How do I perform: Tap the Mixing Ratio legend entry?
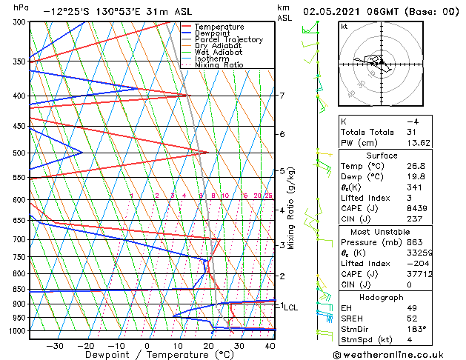[219, 65]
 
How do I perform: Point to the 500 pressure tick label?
[18, 153]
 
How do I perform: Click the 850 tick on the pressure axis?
[18, 290]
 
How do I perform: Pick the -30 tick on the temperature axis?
[55, 346]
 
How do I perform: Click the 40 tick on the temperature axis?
[269, 346]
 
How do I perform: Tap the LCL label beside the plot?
[290, 307]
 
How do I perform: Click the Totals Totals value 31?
[412, 132]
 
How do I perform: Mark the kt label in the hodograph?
[345, 27]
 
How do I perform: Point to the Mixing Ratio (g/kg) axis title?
[291, 208]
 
